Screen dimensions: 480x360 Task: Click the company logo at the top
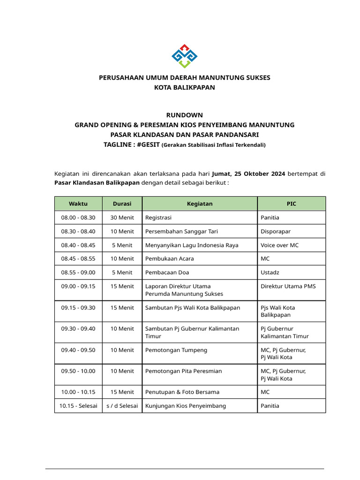coord(185,56)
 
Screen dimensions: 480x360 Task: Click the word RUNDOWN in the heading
coord(185,115)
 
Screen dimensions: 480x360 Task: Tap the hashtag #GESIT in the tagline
coord(148,144)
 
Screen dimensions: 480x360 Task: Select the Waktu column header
coord(78,204)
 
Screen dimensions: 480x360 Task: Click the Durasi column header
coord(122,204)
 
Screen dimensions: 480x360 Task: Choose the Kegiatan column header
coord(200,204)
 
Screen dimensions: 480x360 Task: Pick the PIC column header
coord(292,204)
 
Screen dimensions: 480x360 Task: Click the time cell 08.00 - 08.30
coord(78,217)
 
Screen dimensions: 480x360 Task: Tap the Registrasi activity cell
coord(158,217)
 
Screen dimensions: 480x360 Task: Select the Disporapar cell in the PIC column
coord(276,231)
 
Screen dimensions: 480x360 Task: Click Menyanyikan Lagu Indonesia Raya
coord(192,245)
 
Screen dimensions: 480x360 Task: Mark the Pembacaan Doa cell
coord(167,272)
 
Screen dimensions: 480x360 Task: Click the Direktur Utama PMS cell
coord(285,286)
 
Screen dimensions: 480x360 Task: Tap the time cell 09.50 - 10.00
coord(78,371)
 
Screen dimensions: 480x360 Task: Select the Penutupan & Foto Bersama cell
coord(182,392)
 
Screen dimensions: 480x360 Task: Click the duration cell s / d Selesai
coord(122,405)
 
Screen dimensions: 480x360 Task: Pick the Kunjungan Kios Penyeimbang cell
coord(186,405)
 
